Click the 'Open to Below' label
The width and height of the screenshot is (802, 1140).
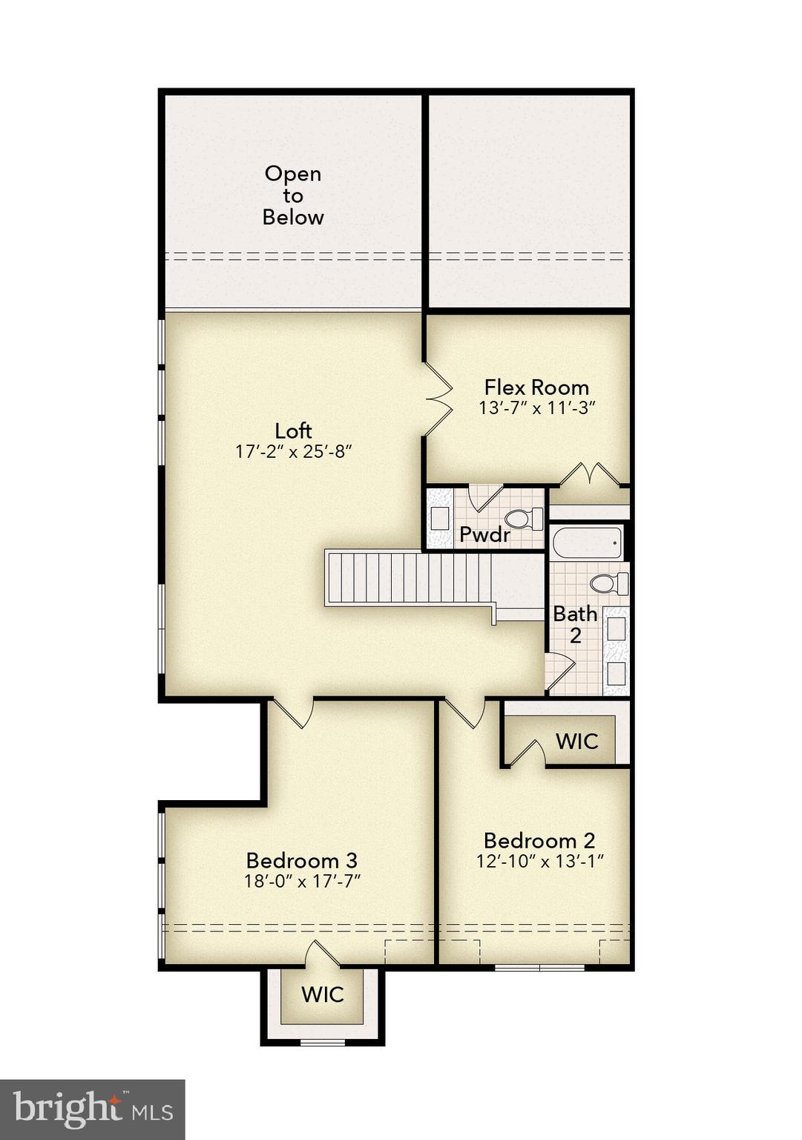pyautogui.click(x=293, y=195)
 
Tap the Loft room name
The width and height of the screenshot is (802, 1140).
pyautogui.click(x=293, y=430)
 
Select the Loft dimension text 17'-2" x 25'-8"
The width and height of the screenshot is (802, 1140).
pyautogui.click(x=293, y=451)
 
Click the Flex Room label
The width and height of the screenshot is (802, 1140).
pyautogui.click(x=536, y=387)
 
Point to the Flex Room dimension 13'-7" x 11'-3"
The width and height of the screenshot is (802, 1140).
pyautogui.click(x=537, y=407)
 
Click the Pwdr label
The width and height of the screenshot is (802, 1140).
pyautogui.click(x=484, y=534)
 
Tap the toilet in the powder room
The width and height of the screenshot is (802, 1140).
pyautogui.click(x=523, y=518)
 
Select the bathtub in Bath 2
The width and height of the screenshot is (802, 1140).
pyautogui.click(x=587, y=543)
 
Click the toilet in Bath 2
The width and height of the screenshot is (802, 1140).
pyautogui.click(x=608, y=583)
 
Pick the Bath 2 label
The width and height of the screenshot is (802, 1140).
pyautogui.click(x=575, y=624)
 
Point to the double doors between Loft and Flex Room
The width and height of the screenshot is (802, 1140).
pyautogui.click(x=438, y=399)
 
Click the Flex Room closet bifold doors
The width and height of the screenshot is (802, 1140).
pyautogui.click(x=589, y=473)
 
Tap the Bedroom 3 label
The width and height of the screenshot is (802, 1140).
pyautogui.click(x=301, y=860)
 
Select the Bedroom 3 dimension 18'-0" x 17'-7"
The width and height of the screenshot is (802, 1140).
pyautogui.click(x=302, y=881)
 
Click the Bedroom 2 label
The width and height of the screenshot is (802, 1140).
pyautogui.click(x=539, y=840)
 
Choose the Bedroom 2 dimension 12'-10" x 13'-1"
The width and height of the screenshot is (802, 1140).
pyautogui.click(x=540, y=861)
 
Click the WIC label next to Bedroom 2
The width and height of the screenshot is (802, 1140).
pyautogui.click(x=576, y=741)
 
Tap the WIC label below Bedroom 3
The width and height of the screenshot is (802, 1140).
pyautogui.click(x=322, y=995)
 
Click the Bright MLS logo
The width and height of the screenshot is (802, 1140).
pyautogui.click(x=93, y=1110)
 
